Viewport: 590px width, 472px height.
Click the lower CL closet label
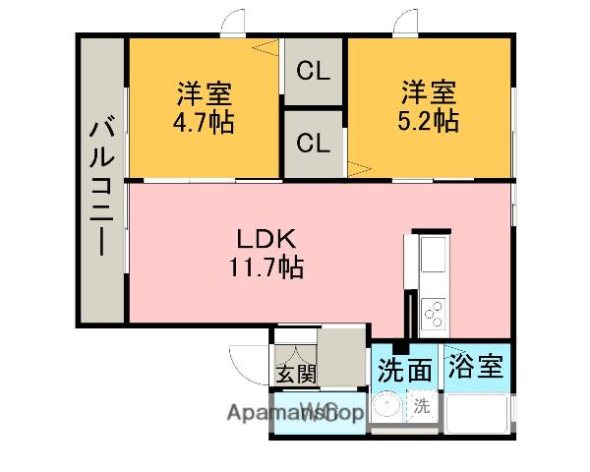tap(313, 143)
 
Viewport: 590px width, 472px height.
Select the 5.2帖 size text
tap(430, 122)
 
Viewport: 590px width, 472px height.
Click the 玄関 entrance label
tap(295, 373)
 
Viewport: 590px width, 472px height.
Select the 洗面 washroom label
tap(404, 370)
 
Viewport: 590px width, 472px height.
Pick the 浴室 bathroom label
tap(476, 368)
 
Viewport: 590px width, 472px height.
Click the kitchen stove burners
tap(433, 314)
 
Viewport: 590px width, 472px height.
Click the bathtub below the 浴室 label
tap(478, 414)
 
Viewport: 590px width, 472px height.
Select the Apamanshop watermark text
tap(296, 413)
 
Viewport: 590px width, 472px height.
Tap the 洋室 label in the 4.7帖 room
tap(205, 95)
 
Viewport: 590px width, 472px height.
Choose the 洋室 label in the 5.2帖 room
tap(428, 94)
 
